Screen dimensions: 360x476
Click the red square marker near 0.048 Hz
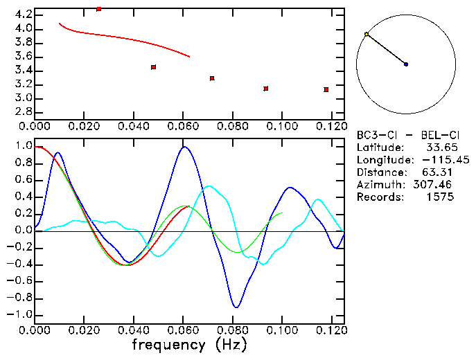click(x=153, y=67)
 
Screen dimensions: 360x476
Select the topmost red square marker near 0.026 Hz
click(x=99, y=9)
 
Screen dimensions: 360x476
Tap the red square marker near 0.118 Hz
click(x=326, y=89)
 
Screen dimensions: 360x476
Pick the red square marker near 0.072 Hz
click(x=212, y=78)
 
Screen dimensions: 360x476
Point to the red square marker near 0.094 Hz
click(x=265, y=89)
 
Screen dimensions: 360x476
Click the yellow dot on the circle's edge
click(x=367, y=34)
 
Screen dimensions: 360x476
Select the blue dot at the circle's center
click(x=406, y=64)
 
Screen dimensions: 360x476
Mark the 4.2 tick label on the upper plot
click(x=22, y=15)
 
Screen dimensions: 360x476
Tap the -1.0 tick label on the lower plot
click(x=19, y=314)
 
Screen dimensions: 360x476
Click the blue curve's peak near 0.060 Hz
click(x=184, y=146)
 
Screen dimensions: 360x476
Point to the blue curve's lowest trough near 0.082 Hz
click(x=236, y=307)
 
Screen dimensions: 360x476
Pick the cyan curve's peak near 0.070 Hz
click(x=209, y=186)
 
